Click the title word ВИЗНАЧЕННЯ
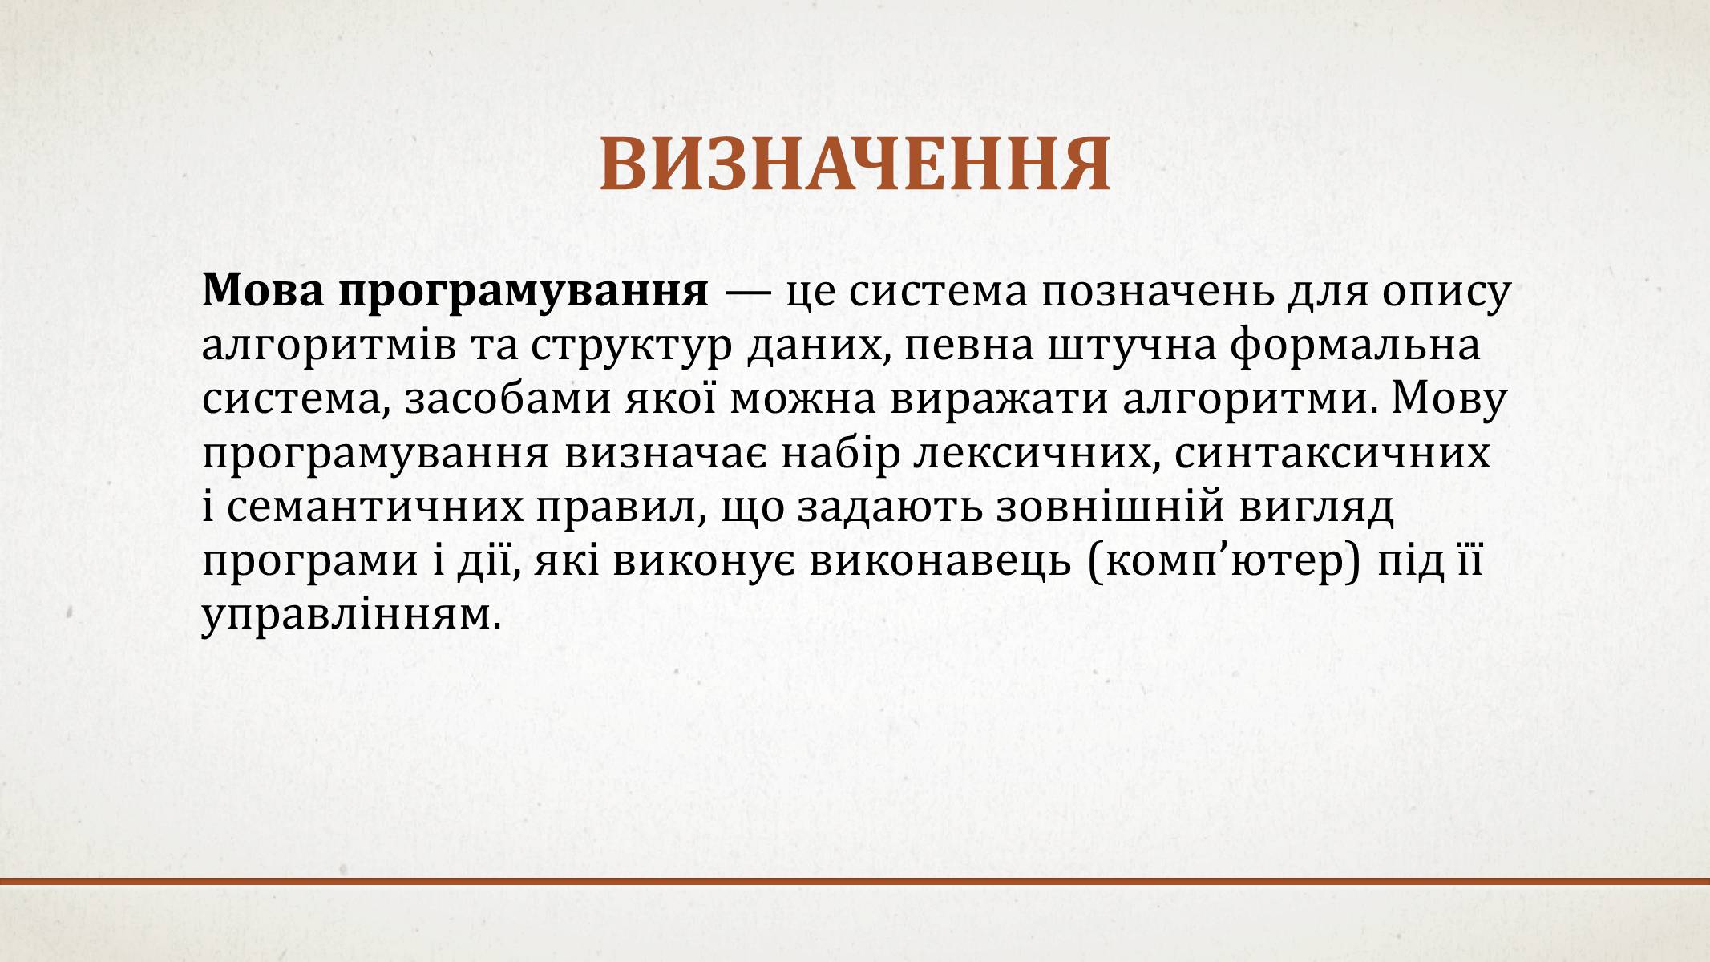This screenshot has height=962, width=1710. coord(855,165)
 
